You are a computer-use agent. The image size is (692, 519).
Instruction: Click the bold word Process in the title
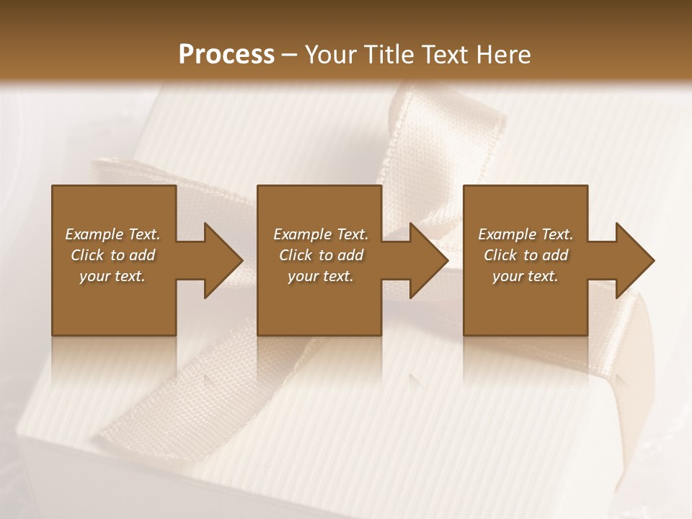tap(226, 55)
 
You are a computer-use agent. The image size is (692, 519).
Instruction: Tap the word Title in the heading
tap(387, 55)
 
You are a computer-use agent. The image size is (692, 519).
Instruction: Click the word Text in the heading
tap(444, 55)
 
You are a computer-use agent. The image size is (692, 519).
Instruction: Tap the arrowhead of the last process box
tap(634, 260)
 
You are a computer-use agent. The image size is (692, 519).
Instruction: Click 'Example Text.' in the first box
tap(112, 234)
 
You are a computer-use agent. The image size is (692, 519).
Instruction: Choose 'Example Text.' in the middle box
tap(321, 234)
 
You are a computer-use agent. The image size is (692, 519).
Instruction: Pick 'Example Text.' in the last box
tap(525, 234)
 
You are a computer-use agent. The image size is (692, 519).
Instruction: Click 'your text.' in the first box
tap(112, 276)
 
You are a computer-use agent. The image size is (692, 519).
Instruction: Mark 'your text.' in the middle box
tap(321, 276)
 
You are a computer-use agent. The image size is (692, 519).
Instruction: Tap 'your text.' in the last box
tap(525, 276)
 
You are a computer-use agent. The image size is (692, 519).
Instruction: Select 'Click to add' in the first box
tap(112, 255)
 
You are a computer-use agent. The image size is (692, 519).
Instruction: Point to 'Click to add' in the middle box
tap(321, 255)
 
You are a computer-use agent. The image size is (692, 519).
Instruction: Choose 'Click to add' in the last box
tap(525, 255)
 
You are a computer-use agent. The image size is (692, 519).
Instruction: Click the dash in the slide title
tap(289, 56)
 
